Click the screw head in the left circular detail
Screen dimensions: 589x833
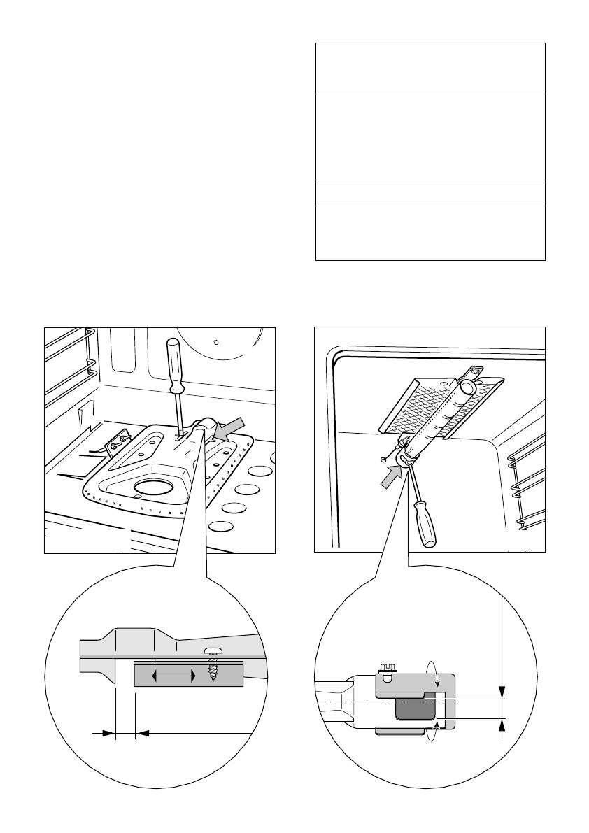213,650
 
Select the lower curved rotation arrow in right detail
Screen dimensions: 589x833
434,734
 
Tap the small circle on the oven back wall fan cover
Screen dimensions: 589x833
216,343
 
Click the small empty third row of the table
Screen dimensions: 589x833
430,192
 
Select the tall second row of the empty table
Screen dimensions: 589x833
430,136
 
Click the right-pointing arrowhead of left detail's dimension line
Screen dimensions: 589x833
108,733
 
